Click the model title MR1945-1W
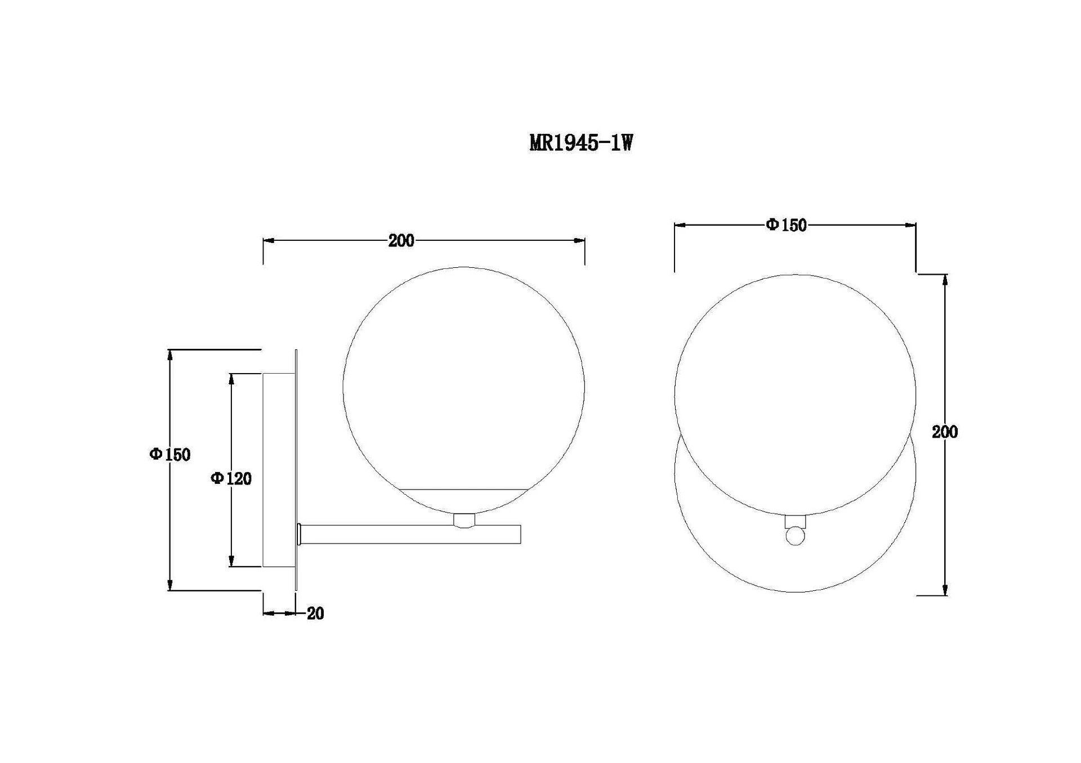click(x=581, y=143)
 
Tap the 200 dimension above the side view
click(x=401, y=241)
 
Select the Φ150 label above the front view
click(x=786, y=225)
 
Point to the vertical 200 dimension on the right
click(x=945, y=432)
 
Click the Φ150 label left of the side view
click(x=170, y=454)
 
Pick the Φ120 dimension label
click(x=231, y=478)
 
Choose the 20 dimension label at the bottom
click(x=315, y=613)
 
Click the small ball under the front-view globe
click(x=795, y=536)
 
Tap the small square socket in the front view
click(x=795, y=522)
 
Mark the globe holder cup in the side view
click(x=464, y=520)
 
